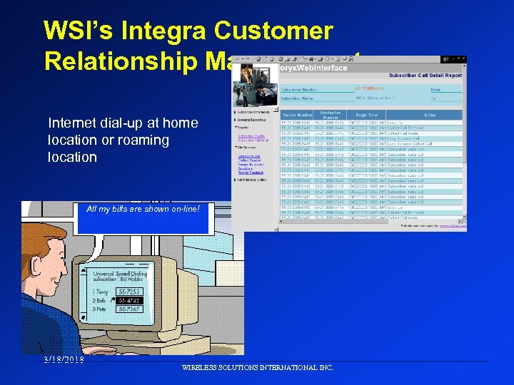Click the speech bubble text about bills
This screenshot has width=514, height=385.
[x=143, y=208]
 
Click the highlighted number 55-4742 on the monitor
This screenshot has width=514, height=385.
[x=129, y=300]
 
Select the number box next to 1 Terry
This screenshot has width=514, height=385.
[x=129, y=292]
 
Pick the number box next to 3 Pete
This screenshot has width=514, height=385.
[x=129, y=309]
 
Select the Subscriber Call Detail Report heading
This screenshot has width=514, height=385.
[x=424, y=75]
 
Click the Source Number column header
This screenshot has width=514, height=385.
[x=298, y=114]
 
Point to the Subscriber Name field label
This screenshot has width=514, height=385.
[x=298, y=98]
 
